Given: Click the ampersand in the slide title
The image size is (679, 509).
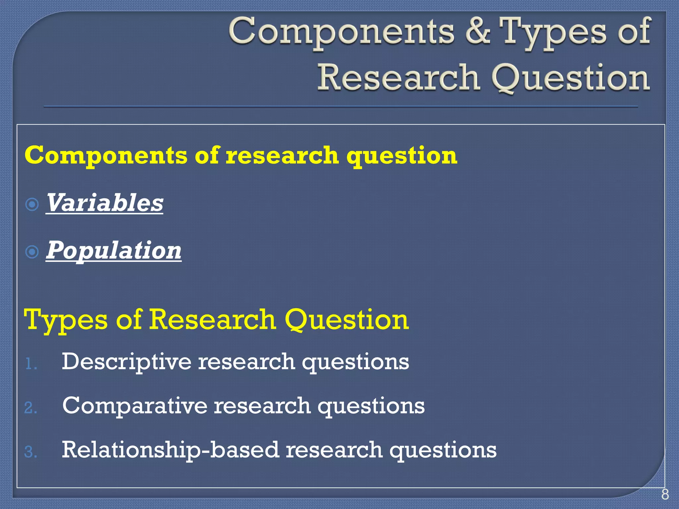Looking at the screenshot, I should [478, 31].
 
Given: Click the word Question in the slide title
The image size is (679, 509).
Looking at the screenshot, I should [570, 78].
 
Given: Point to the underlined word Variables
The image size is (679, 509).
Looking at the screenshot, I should [104, 203].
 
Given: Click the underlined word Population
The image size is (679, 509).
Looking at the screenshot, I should [114, 250].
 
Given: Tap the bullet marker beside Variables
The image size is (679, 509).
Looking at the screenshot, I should [32, 204].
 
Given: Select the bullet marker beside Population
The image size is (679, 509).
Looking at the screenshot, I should [32, 252].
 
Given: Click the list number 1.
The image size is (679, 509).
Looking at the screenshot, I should [31, 365].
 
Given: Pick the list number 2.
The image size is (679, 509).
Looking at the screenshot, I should [31, 408].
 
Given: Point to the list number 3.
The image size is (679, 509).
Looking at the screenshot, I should [31, 452].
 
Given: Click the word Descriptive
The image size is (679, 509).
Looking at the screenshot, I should [126, 362].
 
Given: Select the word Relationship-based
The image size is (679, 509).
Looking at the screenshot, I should [170, 450].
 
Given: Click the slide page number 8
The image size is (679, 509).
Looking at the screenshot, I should [665, 494].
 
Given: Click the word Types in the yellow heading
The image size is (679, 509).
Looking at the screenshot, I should [66, 320].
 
